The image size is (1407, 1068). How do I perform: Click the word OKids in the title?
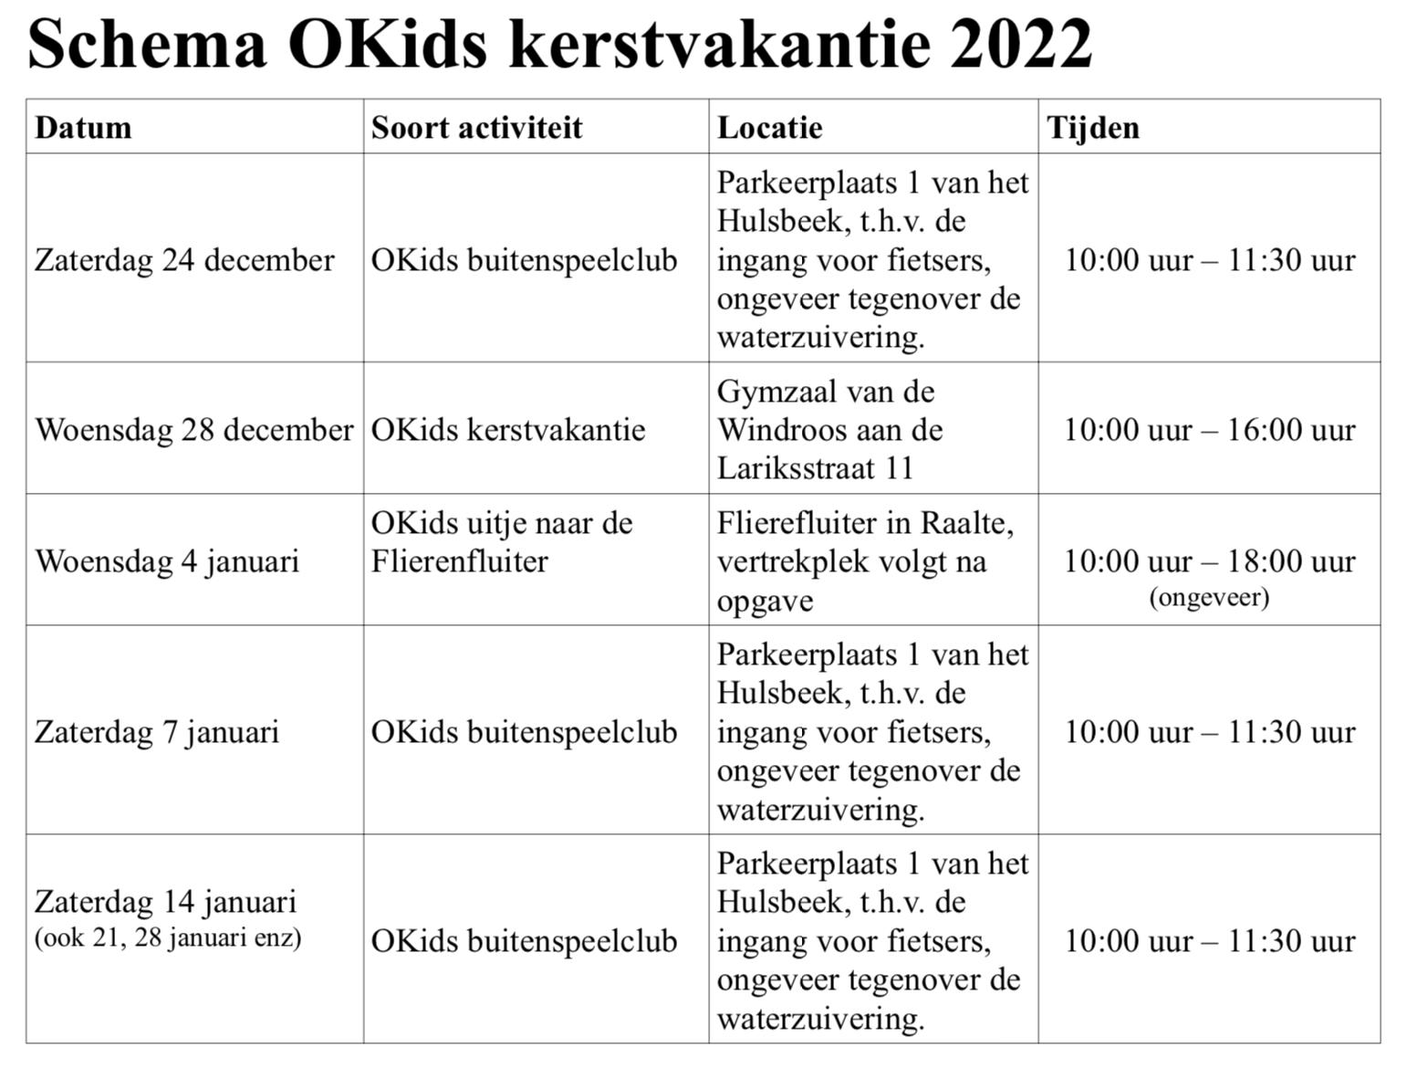point(388,44)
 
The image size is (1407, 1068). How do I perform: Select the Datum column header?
point(83,127)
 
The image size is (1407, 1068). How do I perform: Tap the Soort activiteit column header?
point(476,127)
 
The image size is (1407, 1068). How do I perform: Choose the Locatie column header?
point(769,127)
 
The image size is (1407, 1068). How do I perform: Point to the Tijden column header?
point(1092,127)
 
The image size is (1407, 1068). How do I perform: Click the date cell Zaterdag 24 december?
point(184,260)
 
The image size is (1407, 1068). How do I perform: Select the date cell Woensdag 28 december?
point(193,430)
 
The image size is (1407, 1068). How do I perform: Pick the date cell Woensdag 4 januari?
point(167,560)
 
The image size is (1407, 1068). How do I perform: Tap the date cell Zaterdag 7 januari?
point(157,732)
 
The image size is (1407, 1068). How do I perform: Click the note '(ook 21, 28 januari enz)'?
point(168,937)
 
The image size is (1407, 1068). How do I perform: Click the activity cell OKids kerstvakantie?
point(507,430)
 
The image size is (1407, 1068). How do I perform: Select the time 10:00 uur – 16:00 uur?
point(1209,430)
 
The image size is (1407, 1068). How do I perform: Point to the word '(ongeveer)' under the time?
point(1209,597)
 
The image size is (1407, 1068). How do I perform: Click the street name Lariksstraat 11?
point(815,468)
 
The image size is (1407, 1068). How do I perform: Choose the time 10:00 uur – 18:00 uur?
point(1209,560)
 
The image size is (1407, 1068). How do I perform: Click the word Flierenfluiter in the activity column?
point(459,560)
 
